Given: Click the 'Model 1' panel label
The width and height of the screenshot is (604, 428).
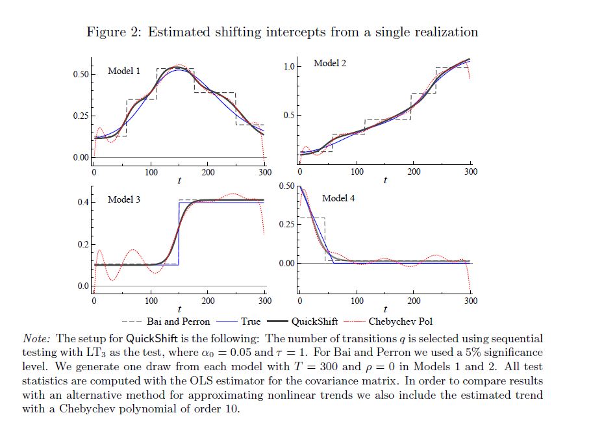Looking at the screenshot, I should point(123,70).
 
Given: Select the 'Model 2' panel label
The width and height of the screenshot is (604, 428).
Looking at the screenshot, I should point(329,63).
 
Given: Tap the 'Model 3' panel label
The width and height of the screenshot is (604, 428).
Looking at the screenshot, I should point(123,199).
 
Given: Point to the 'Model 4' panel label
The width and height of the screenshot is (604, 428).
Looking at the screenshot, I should point(338,198).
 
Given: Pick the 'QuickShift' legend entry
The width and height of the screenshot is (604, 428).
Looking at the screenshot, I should point(314,321).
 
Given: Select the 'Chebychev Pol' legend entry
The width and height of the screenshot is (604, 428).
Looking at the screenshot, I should point(401,321).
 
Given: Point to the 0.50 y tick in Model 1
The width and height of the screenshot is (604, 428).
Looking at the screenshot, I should point(80,74).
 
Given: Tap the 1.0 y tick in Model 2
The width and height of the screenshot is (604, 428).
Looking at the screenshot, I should point(289,66).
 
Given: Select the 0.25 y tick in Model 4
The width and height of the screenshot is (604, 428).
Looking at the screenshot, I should point(286,224).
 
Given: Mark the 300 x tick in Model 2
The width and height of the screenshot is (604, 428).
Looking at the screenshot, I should point(471,171).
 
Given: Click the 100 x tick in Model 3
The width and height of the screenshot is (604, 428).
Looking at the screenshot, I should point(151,301).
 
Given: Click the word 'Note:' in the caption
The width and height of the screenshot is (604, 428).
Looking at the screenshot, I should point(38,338).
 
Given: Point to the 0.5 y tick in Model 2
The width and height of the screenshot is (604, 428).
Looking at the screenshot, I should point(289,115).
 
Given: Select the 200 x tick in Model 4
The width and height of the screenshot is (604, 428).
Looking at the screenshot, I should point(414,301).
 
